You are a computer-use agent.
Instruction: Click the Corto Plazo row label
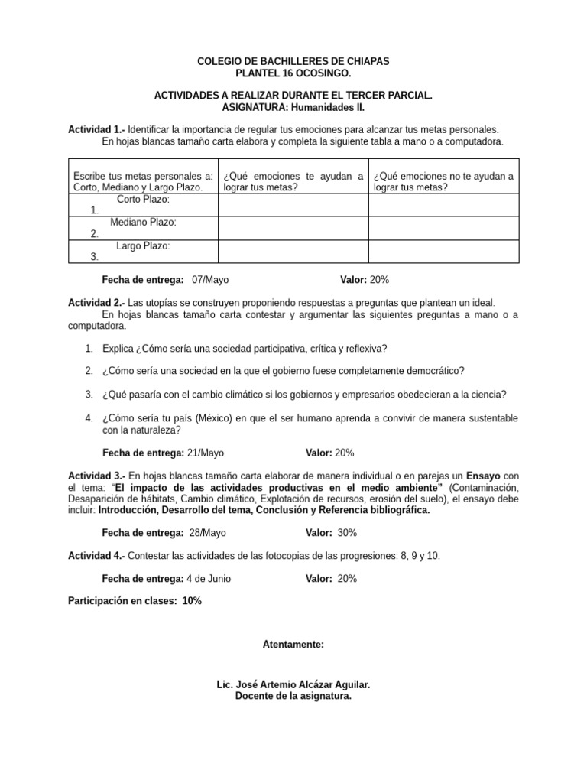(x=143, y=199)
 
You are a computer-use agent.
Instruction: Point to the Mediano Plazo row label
(x=143, y=222)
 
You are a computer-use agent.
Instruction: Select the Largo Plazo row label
(x=143, y=245)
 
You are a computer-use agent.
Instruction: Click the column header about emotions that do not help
(x=443, y=182)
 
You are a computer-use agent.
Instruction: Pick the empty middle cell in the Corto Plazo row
(x=293, y=205)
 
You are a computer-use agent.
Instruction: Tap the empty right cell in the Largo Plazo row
(x=443, y=252)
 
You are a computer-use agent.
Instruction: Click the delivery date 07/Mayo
(x=210, y=280)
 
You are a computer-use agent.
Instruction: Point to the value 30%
(x=346, y=532)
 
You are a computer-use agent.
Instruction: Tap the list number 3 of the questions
(x=89, y=395)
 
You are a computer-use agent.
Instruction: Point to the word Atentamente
(x=293, y=645)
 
